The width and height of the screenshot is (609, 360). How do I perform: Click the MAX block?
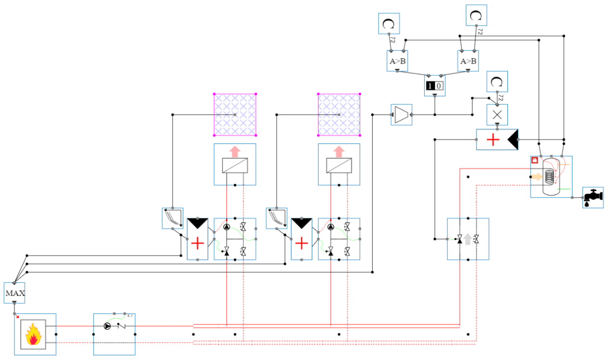click(14, 293)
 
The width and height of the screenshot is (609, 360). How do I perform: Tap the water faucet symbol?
click(593, 197)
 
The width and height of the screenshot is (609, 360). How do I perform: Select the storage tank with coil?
click(551, 177)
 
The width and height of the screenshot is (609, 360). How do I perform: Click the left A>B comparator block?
click(397, 61)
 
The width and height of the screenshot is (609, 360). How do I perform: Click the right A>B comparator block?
click(467, 61)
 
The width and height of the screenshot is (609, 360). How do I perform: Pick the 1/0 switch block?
click(435, 86)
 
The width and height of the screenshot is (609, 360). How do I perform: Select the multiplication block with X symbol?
click(497, 115)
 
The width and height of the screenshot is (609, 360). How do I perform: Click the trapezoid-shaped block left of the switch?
click(401, 115)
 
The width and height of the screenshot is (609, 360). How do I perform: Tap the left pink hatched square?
click(235, 115)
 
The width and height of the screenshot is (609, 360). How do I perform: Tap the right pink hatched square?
click(339, 115)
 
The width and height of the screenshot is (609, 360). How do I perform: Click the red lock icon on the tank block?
click(534, 160)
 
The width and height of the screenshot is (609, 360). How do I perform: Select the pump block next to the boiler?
click(114, 334)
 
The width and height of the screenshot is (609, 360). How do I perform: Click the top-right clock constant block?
click(476, 15)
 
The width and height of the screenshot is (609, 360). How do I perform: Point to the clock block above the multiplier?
click(497, 81)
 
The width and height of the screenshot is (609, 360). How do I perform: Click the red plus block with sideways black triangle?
click(497, 140)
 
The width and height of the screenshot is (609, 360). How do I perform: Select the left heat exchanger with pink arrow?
click(235, 164)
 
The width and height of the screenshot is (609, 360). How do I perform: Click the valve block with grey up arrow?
click(468, 239)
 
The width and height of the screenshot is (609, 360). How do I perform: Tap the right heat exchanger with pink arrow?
click(339, 164)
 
